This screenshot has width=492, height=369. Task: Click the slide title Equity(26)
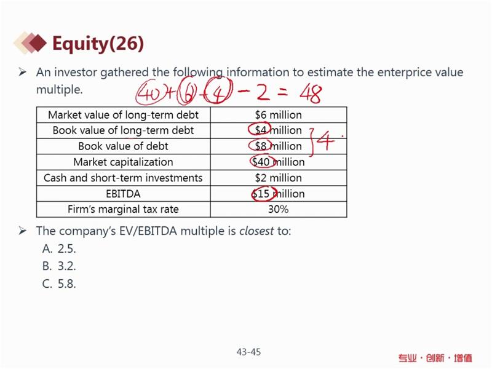click(x=98, y=43)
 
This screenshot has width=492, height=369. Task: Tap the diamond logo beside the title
click(x=30, y=42)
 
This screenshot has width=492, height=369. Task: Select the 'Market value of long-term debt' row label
click(x=124, y=115)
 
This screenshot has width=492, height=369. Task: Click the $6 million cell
click(x=279, y=115)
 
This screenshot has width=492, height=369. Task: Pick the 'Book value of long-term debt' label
click(x=124, y=130)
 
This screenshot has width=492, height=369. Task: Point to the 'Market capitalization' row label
click(x=124, y=162)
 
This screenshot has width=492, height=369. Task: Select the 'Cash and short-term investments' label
click(x=124, y=178)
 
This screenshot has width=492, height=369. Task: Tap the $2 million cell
click(x=279, y=178)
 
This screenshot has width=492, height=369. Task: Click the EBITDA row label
click(x=124, y=194)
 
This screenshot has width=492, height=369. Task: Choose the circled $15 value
click(x=264, y=194)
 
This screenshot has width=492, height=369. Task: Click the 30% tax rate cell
click(x=279, y=209)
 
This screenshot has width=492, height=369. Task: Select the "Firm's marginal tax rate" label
click(x=124, y=209)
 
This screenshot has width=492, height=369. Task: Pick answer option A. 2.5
click(x=59, y=249)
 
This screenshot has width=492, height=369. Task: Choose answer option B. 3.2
click(x=59, y=266)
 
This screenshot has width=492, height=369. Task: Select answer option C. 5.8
click(x=59, y=284)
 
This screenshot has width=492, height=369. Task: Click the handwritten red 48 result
click(x=311, y=94)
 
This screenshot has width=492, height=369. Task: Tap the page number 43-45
click(x=248, y=352)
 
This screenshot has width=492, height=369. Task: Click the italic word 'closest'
click(x=256, y=231)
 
